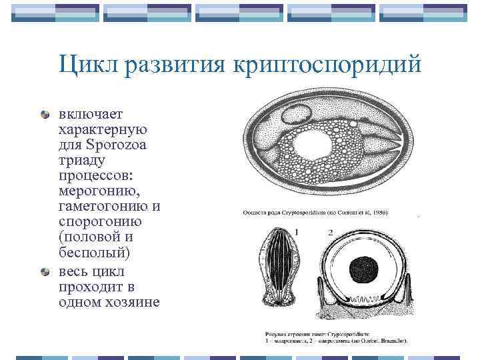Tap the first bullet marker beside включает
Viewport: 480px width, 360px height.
45,114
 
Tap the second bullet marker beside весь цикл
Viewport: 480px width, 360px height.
45,272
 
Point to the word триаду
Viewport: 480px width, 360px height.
82,161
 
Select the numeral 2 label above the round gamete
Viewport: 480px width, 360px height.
330,231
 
